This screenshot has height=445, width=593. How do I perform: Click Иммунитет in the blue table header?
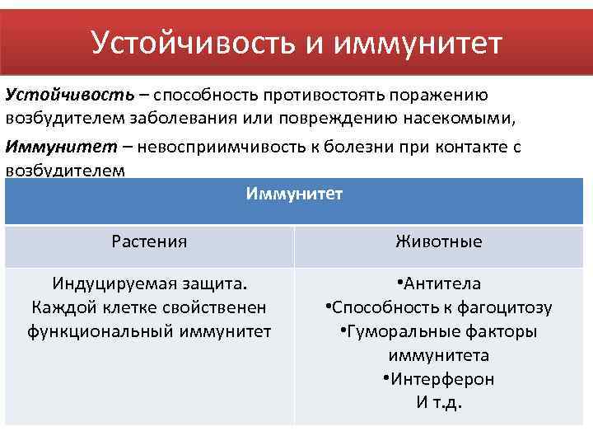294,194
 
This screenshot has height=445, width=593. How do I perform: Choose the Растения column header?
149,242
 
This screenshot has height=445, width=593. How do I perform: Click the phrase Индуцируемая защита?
149,284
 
